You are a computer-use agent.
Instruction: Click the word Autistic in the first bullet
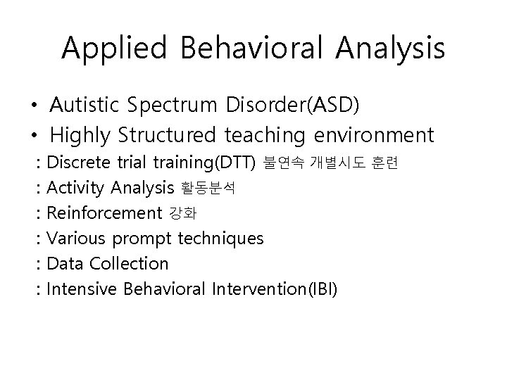pyautogui.click(x=86, y=106)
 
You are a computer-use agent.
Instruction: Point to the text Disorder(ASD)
pyautogui.click(x=293, y=106)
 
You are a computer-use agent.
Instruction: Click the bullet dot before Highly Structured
pyautogui.click(x=34, y=135)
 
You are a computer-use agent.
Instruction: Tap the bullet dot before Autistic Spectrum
pyautogui.click(x=34, y=106)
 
